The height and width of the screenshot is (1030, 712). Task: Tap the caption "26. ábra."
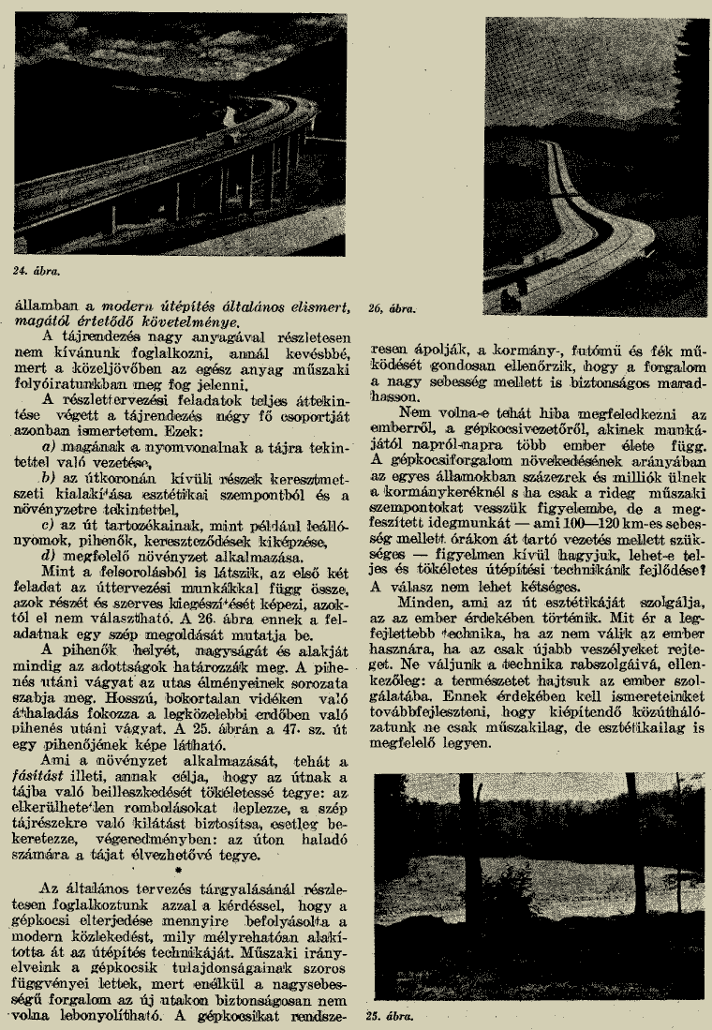pyautogui.click(x=393, y=306)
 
